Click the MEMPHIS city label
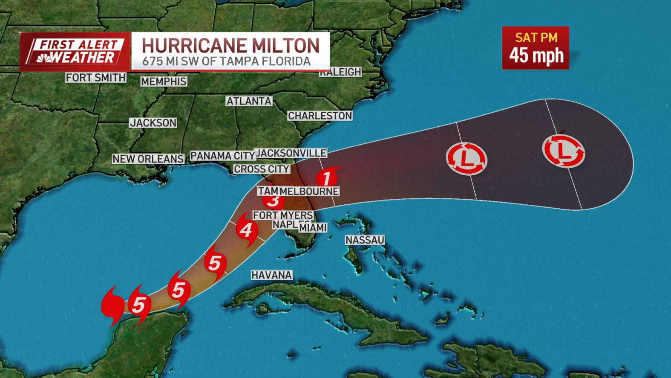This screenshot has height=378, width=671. pos(164,81)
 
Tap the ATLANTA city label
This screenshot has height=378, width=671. pos(249,101)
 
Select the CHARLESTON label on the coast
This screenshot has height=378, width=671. pos(320,116)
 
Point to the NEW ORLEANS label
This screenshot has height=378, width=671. pos(148,159)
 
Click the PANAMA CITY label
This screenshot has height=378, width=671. pos(222,156)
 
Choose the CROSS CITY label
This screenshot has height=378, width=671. pos(262,169)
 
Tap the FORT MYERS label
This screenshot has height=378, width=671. pos(283,215)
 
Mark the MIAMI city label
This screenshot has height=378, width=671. pos(313,228)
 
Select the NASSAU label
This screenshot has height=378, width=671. pos(365,240)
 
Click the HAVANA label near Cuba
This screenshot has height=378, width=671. pos(271,275)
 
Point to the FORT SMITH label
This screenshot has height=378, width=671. pos(96,78)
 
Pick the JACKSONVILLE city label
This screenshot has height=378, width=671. pos(291,153)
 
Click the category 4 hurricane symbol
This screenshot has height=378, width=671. pos(246,230)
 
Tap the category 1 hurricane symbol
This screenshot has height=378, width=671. pos(327,177)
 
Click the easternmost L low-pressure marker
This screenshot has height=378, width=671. pos(564,151)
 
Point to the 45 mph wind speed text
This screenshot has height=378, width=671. pos(536,55)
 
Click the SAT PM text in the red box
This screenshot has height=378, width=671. pos(536,38)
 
